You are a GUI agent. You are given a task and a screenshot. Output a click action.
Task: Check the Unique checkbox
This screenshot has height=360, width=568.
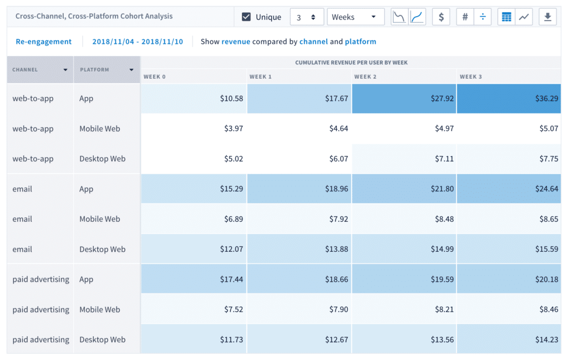[x=247, y=17]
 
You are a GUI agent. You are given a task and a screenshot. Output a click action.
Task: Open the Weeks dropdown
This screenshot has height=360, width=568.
[x=355, y=17]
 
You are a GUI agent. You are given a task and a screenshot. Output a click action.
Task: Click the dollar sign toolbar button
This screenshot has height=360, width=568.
[x=441, y=17]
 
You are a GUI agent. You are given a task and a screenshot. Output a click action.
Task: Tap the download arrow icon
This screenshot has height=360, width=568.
[x=547, y=17]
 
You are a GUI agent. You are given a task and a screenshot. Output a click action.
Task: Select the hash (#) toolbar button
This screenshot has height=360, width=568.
[x=465, y=17]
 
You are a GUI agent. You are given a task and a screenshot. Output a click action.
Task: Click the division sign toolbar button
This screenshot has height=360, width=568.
[x=483, y=17]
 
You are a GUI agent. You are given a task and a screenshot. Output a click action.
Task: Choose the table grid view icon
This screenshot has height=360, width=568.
[x=506, y=17]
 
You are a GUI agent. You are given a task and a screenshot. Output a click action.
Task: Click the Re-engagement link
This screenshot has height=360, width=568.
[x=44, y=42]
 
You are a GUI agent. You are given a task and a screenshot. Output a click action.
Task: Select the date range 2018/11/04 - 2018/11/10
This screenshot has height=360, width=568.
[x=138, y=42]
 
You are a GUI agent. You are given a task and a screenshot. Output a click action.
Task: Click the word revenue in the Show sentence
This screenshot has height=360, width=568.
[x=236, y=42]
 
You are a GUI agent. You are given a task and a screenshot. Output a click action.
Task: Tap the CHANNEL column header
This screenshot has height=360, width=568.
[x=40, y=70]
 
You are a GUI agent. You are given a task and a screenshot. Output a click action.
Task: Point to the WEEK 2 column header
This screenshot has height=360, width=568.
[x=366, y=77]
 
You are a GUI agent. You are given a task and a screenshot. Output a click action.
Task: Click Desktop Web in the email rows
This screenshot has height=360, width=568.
[x=102, y=249]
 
